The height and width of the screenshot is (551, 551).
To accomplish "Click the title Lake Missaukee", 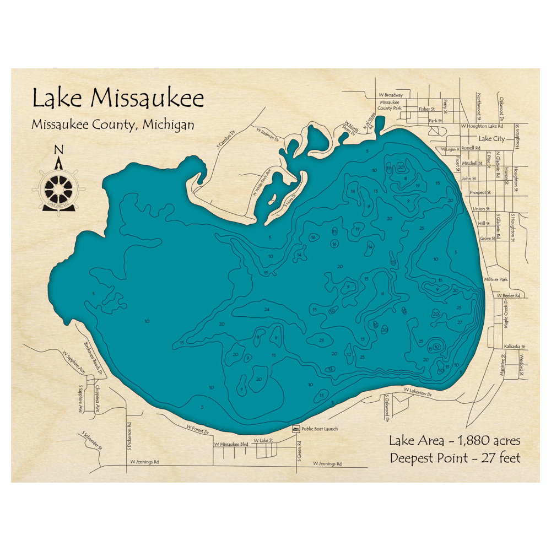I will [118, 98].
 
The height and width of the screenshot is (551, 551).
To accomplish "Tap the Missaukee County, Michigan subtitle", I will [112, 125].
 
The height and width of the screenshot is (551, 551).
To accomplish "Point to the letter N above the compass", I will [59, 149].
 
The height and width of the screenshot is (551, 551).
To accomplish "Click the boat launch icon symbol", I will [296, 429].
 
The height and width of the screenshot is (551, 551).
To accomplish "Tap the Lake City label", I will [491, 139].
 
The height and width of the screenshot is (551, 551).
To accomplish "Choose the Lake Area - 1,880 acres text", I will [454, 441].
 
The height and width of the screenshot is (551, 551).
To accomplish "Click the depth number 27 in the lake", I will [460, 322].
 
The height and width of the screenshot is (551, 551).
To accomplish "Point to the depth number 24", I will [267, 310].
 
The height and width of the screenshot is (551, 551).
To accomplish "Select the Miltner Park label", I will [495, 280].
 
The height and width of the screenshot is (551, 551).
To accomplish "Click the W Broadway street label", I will [391, 95].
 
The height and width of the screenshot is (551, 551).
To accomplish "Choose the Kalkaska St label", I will [516, 347].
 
